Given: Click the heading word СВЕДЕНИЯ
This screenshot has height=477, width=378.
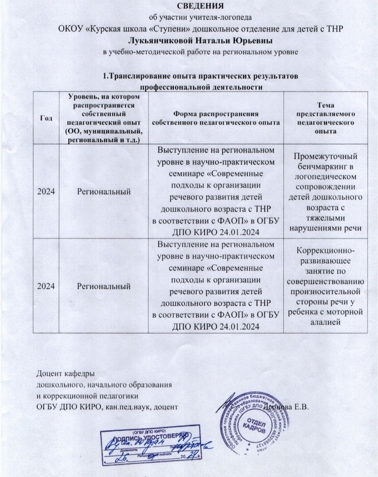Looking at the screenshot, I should [188, 6].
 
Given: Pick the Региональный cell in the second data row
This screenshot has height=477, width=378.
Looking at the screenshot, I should [105, 286].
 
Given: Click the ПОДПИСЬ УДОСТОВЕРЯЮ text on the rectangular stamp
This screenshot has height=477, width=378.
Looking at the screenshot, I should [154, 435].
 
